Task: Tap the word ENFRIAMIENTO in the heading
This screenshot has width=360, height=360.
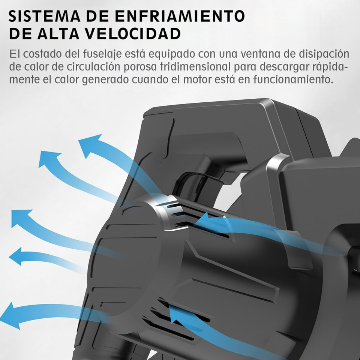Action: [180, 16]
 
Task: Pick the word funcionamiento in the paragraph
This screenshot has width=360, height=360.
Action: [293, 79]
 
